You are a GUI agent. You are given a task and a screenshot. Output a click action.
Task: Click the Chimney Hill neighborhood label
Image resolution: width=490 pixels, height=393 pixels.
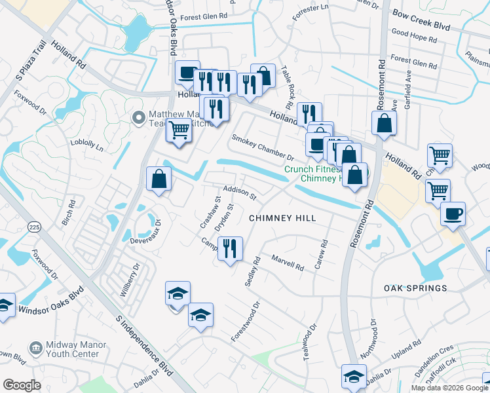coord(282,218)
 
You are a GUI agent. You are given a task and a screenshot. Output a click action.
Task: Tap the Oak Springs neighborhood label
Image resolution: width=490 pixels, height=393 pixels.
coord(416,288)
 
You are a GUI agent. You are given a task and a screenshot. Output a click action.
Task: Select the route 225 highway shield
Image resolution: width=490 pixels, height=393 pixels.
coord(33,227)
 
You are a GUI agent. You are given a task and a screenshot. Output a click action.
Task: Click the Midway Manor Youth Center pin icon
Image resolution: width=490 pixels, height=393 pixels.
coord(36,346)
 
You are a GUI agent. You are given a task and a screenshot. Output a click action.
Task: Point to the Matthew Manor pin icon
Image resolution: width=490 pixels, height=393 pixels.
coord(138,118)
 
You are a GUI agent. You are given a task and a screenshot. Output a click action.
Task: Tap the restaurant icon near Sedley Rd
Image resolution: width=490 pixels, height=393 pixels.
coord(230,249)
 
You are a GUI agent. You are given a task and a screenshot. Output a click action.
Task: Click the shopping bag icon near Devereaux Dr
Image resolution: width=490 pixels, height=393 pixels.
coord(159,178)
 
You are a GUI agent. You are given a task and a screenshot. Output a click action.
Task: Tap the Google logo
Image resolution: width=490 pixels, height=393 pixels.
coord(22,384)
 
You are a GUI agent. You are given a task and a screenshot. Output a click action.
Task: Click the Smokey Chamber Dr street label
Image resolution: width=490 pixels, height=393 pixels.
coord(263,147)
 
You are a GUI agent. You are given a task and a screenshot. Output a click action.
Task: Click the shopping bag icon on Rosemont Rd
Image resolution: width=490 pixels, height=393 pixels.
coord(384,122)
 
